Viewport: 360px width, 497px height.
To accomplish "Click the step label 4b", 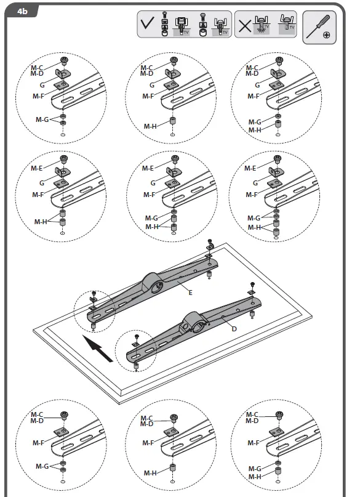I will click(x=23, y=10).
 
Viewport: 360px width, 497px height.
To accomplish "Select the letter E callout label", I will click(x=191, y=293).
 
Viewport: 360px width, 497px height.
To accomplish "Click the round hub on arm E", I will click(x=156, y=285).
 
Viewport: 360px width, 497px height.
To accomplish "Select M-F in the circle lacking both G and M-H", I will click(x=38, y=443).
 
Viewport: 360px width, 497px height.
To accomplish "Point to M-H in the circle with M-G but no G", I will click(x=254, y=477).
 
